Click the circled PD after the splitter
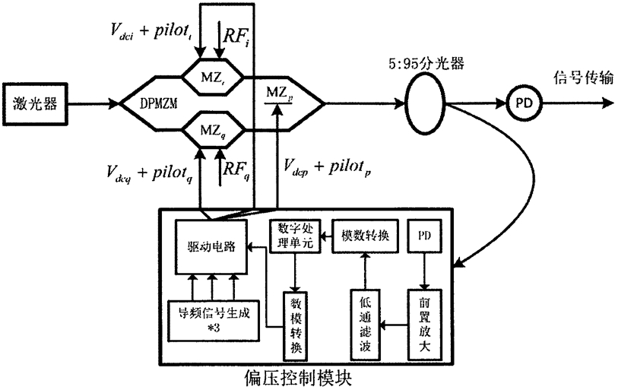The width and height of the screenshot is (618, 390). (519, 100)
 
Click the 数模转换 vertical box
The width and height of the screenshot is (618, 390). (296, 324)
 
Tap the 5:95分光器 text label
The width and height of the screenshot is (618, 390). (421, 57)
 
